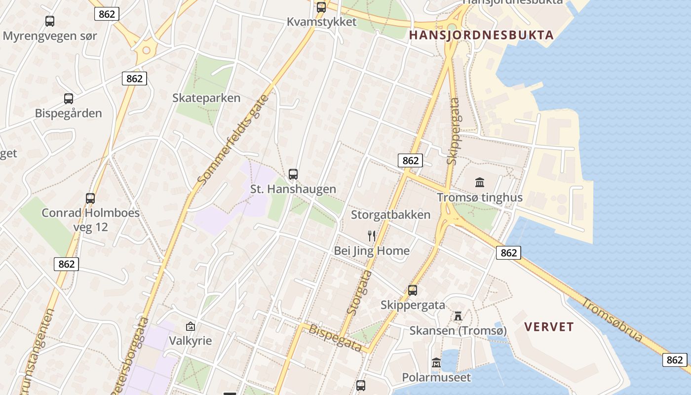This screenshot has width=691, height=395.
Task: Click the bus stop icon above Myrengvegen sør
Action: coord(50,21)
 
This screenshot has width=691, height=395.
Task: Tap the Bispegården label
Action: coord(68,113)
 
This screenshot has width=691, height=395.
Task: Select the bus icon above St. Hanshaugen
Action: coord(293,174)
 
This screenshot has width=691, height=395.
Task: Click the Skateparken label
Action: coord(206,98)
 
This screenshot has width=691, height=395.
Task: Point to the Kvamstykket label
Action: coord(322,22)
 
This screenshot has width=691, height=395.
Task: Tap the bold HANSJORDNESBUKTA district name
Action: coord(481,35)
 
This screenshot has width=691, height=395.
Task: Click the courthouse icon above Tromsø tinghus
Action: coord(480,183)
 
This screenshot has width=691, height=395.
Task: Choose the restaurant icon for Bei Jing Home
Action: coord(372,236)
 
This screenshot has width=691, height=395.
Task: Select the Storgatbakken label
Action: coord(390,215)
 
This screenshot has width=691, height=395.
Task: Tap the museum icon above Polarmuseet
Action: coord(436,363)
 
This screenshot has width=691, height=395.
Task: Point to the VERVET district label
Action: coord(549,327)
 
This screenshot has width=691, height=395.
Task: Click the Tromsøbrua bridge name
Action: coord(612,319)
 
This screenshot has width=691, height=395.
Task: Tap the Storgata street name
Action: coord(359,292)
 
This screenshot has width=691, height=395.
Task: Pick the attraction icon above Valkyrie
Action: coord(190,326)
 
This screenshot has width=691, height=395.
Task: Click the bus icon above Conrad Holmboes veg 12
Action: coord(90,198)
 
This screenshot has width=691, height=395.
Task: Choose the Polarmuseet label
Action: coord(436,378)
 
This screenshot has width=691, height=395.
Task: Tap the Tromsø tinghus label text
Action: coord(480,198)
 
